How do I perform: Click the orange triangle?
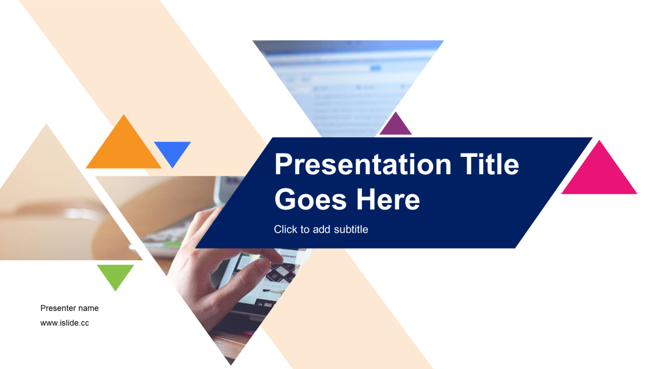click(x=124, y=149)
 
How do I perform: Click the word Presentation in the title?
click(x=363, y=165)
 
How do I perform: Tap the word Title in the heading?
click(x=489, y=165)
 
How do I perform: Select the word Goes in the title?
click(x=311, y=199)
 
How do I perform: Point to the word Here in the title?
click(x=388, y=199)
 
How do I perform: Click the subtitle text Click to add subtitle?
click(x=321, y=229)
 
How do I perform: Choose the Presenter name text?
click(x=69, y=308)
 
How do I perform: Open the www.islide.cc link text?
click(x=65, y=323)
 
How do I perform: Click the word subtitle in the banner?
click(x=351, y=229)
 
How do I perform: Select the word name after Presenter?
click(x=88, y=309)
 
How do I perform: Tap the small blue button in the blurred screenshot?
click(x=376, y=68)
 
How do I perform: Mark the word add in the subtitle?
click(x=322, y=229)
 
